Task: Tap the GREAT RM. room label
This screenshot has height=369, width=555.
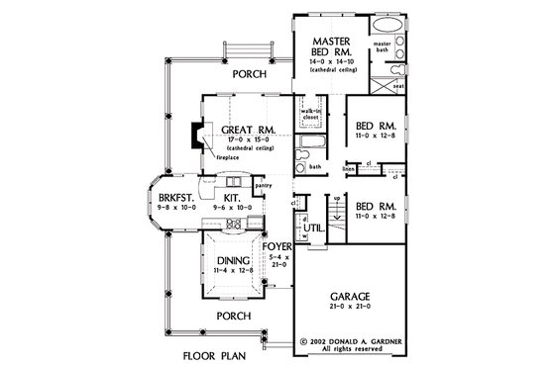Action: click(x=242, y=129)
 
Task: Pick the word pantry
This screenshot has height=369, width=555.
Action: click(x=263, y=184)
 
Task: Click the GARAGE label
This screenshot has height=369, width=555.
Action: click(x=356, y=295)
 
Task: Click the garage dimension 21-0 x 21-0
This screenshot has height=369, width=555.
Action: click(x=356, y=307)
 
